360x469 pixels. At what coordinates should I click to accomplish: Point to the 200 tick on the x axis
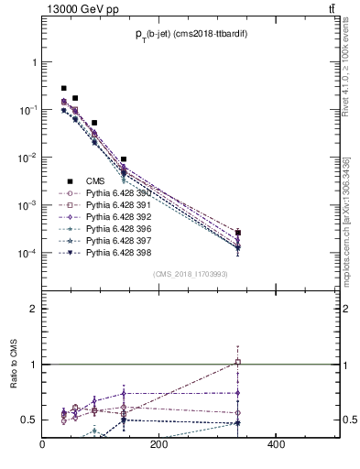click(158, 446)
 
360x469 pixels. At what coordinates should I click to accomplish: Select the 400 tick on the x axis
click(275, 446)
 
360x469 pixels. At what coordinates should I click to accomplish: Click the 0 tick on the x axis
click(43, 446)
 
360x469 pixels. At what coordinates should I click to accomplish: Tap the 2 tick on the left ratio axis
click(33, 309)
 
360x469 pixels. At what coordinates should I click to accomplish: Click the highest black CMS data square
click(63, 88)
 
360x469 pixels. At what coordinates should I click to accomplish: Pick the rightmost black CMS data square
click(238, 233)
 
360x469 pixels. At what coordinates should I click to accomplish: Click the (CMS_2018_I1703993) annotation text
click(191, 275)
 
